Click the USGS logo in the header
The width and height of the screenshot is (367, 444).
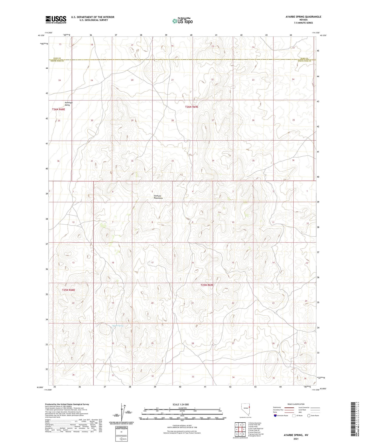click(56, 19)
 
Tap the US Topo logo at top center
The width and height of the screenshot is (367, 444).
click(182, 21)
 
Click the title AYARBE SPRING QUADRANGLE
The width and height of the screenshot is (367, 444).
click(300, 17)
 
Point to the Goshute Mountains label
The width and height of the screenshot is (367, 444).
click(158, 197)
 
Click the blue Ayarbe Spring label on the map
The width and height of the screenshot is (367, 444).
click(118, 325)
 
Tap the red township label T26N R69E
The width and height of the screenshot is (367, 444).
click(192, 107)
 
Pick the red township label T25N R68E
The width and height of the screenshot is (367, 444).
click(69, 290)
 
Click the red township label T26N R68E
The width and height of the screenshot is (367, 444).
click(58, 109)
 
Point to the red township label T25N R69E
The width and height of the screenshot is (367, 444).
click(207, 285)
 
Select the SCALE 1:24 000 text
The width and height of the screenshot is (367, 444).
click(181, 404)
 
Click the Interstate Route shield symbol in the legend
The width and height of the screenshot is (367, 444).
click(275, 416)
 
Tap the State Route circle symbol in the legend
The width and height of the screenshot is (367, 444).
click(309, 416)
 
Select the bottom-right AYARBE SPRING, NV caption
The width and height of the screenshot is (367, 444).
click(296, 435)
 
